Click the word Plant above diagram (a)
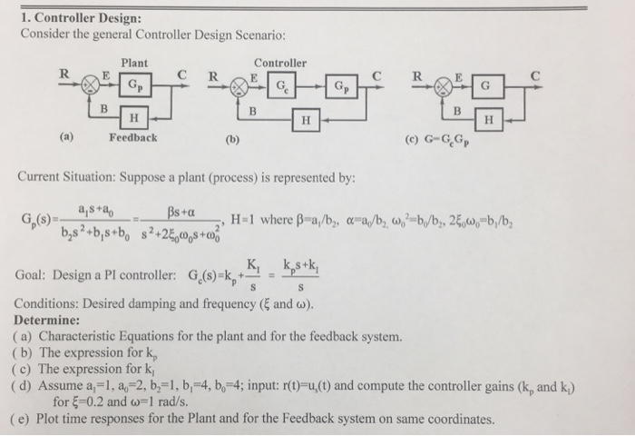(134, 63)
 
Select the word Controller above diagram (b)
(280, 63)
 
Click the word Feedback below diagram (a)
(132, 138)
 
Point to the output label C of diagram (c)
(537, 76)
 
